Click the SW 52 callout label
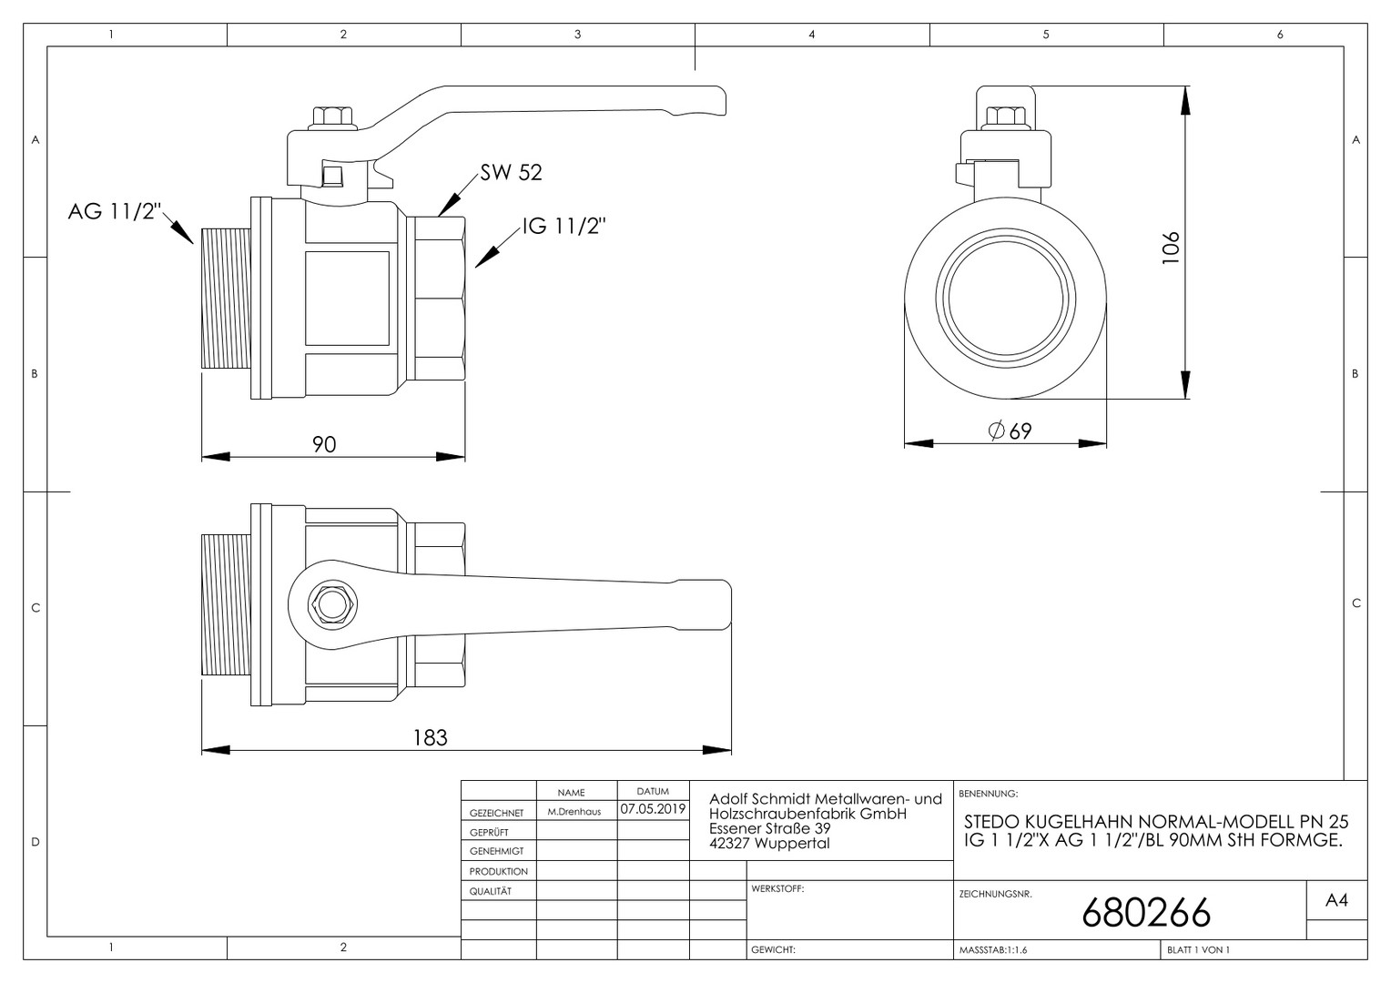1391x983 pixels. coord(511,172)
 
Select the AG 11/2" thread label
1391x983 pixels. coord(115,211)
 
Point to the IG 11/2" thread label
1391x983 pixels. coord(564,226)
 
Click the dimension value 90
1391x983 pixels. coord(324,444)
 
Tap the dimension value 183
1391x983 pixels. coord(431,738)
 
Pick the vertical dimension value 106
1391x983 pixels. coord(1171,248)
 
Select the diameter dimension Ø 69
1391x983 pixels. coord(1010,431)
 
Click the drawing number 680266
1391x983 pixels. coord(1146,912)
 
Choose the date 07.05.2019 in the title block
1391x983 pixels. coord(653,809)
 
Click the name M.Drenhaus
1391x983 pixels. coord(574,812)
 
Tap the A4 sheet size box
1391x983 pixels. coord(1336,900)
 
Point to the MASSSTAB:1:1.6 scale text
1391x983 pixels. coord(993,950)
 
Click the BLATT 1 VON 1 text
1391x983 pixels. coord(1199,950)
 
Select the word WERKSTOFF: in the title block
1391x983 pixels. coord(777,888)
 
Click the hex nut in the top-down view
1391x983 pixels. coord(332,604)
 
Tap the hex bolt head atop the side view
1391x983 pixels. coord(333,117)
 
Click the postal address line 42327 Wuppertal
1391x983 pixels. coord(769,843)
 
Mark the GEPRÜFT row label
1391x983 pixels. coord(490,832)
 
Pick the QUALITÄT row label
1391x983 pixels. coord(491,891)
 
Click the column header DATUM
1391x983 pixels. coord(653,791)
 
